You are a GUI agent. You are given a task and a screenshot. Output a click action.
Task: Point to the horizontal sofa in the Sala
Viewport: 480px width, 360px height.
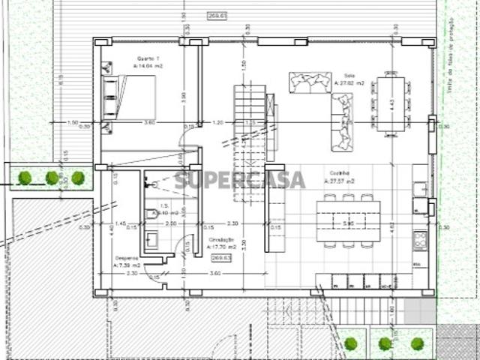coord(310,82)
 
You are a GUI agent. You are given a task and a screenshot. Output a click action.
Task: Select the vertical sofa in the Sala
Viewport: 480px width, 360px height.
coord(341,123)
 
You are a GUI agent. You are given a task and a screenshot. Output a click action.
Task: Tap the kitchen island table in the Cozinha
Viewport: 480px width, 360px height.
coord(347,220)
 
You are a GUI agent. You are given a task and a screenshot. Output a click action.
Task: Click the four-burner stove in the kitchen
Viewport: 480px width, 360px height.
coord(420,240)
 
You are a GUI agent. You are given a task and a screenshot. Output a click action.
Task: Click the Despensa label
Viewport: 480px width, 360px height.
coord(126,260)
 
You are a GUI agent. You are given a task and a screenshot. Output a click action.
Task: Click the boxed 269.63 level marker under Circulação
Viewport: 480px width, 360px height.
coord(221,257)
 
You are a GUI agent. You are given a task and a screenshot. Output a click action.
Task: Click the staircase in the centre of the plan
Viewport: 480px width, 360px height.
coord(250,142)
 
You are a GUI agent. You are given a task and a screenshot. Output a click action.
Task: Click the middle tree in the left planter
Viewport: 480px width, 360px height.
coord(51,178)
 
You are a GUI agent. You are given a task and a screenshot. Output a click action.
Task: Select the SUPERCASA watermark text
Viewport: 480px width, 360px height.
coord(240,180)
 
